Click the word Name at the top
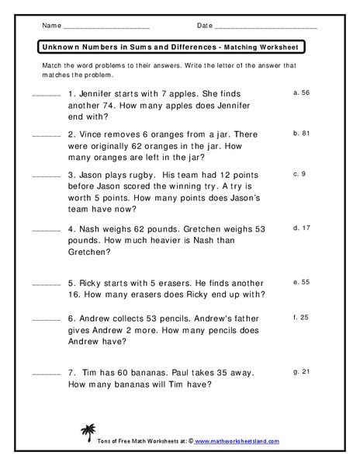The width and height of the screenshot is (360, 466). coord(51,26)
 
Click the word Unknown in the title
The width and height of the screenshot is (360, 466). coord(58,47)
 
